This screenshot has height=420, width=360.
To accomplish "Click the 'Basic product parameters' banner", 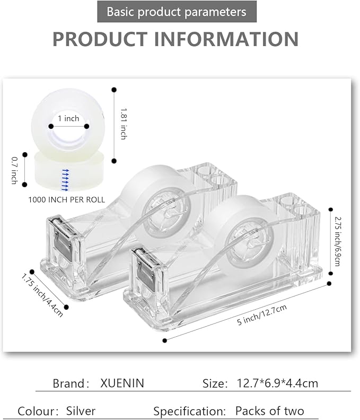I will [177, 12].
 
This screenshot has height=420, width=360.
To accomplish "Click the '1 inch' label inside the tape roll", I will [68, 118].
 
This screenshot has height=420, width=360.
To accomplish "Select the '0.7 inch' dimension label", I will [14, 170].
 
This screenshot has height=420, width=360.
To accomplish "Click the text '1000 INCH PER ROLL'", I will [66, 200].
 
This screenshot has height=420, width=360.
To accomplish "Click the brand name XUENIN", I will [122, 383].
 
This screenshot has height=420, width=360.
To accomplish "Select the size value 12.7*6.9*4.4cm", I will [277, 383].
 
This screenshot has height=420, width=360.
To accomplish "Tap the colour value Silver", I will [81, 411].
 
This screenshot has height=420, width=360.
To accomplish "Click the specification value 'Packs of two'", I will [270, 411].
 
